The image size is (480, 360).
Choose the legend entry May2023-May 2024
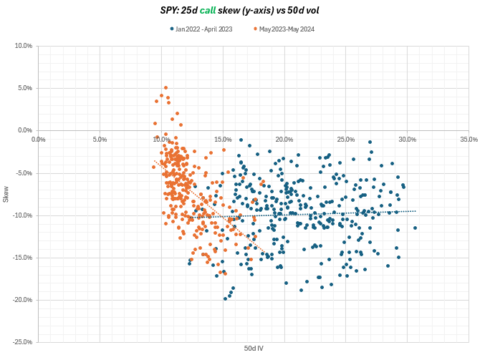point(287,29)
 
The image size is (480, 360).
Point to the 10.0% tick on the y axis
point(23,46)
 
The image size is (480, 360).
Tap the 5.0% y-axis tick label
point(24,88)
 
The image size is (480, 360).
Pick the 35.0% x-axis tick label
point(469,139)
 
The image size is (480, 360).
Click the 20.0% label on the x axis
point(284,139)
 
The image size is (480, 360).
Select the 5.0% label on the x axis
point(100,139)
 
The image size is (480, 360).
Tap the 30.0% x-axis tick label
point(407,139)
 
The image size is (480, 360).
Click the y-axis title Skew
point(6,194)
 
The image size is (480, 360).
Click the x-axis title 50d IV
point(254,349)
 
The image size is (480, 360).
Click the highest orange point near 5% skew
point(165,88)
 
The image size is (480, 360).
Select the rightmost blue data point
point(415,228)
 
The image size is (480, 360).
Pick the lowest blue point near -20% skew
point(226,298)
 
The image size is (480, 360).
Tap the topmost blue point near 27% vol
point(370,142)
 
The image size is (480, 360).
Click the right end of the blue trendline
point(416,211)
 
